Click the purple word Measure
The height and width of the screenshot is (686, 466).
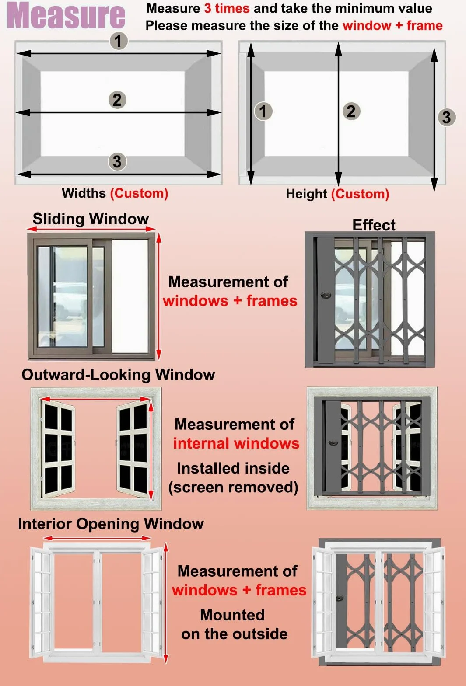pos(66,16)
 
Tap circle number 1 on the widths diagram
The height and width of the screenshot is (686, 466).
pos(119,41)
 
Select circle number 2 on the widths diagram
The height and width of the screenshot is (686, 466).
pos(117,100)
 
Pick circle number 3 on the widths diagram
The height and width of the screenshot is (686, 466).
pos(117,161)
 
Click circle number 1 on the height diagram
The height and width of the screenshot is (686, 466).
pos(263,111)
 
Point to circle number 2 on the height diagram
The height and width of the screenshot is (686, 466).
pos(351,111)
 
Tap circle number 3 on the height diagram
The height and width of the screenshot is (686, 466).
pos(447,117)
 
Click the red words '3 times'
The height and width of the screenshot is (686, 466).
pos(227,9)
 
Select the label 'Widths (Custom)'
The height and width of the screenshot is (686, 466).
pos(115,193)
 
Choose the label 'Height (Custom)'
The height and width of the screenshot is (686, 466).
pos(337,194)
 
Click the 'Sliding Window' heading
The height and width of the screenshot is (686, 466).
pos(91,219)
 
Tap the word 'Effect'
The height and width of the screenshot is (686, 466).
pos(374,225)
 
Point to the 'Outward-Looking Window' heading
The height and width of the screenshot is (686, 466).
pos(118,375)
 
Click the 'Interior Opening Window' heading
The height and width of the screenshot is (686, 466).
pos(111,524)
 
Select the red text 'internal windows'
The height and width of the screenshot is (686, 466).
pos(236,443)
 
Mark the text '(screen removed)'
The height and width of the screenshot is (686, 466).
pos(233,487)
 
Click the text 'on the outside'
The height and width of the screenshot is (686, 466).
pos(235,634)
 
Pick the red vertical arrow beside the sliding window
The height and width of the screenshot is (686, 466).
pos(159,296)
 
